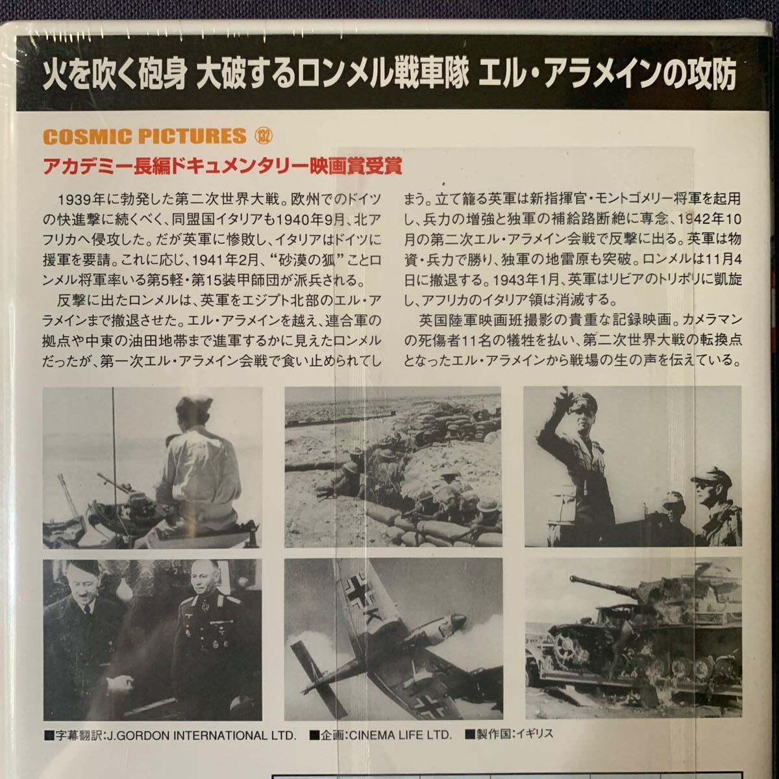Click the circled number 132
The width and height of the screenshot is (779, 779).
coord(264,136)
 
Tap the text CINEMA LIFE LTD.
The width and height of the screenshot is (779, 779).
coord(401,734)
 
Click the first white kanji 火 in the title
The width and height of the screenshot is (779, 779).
coord(54,75)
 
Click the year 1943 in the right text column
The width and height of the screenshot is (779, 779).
coord(511,280)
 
